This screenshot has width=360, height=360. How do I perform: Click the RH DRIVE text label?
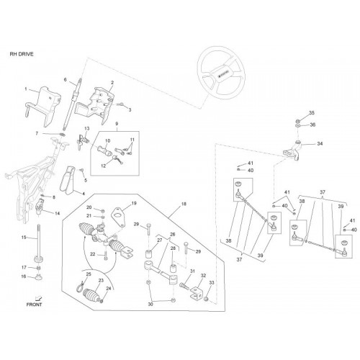22,54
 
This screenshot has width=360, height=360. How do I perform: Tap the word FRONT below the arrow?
34,305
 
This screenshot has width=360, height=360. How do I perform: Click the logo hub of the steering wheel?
221,73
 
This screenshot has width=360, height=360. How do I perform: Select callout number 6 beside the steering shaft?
66,79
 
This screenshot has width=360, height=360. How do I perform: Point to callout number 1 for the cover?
26,89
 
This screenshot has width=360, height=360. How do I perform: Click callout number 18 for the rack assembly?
184,204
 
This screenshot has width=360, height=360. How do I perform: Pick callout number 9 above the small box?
117,124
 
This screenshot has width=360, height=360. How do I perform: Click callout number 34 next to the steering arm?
320,144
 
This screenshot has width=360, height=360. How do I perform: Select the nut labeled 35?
297,120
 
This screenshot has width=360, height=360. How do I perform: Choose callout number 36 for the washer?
312,125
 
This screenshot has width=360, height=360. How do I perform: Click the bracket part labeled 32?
197,293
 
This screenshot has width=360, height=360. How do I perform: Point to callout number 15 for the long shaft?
24,238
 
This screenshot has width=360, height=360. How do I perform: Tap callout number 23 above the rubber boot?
101,280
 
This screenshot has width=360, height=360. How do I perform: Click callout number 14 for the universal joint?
57,213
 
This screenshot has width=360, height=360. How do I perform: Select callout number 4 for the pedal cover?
84,194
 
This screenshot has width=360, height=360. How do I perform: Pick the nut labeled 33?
206,300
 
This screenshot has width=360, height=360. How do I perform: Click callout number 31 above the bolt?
192,271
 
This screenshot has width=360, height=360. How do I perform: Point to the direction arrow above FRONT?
38,299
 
